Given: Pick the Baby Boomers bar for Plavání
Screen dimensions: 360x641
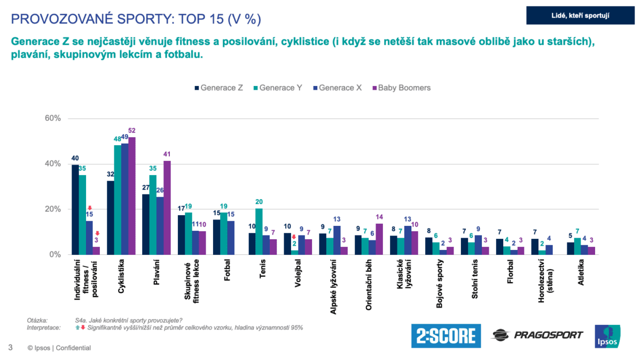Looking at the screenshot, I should coord(167,208).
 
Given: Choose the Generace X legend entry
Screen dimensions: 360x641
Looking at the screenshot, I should coord(340,88).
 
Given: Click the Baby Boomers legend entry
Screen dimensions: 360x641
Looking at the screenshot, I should coord(401,88).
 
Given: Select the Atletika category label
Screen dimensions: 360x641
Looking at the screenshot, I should coord(580,271).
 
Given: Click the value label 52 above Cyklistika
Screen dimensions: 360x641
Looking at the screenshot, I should coord(131,130).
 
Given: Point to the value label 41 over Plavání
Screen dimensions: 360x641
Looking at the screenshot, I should coord(167,154).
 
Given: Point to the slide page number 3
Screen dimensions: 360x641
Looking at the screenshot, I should coord(10,348).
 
